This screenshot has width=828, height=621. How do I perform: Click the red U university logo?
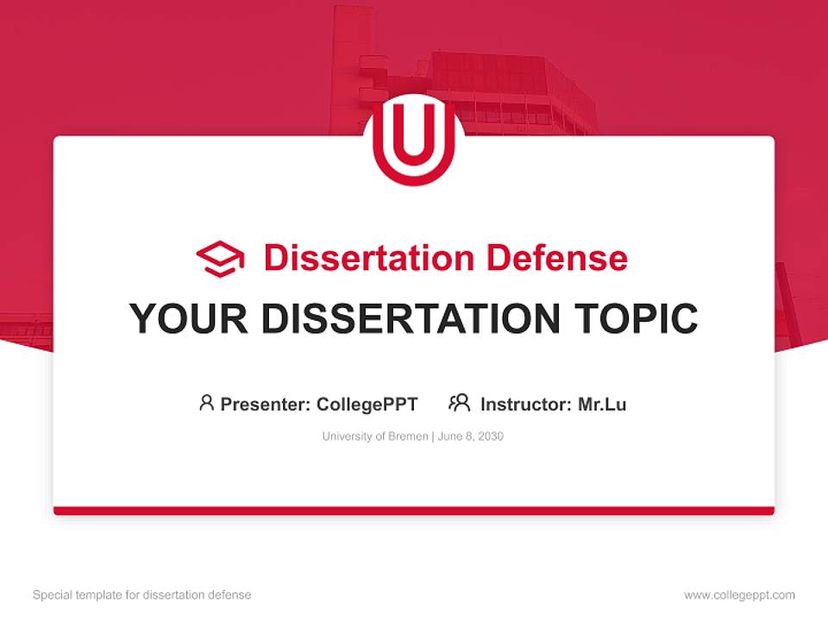[x=414, y=140]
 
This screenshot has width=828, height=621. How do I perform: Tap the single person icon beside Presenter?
[x=206, y=403]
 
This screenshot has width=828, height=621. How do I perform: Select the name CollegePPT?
[x=367, y=404]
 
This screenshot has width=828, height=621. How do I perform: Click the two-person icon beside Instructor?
[x=460, y=403]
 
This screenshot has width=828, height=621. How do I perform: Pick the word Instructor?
[x=525, y=404]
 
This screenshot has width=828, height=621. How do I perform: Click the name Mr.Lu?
[x=602, y=404]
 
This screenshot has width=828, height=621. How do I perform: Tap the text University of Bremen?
[x=375, y=436]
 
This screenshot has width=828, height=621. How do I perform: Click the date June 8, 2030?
[x=471, y=436]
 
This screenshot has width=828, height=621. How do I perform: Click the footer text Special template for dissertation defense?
[x=142, y=595]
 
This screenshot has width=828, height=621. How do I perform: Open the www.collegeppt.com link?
[x=739, y=595]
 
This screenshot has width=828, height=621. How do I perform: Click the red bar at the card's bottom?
[x=414, y=511]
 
